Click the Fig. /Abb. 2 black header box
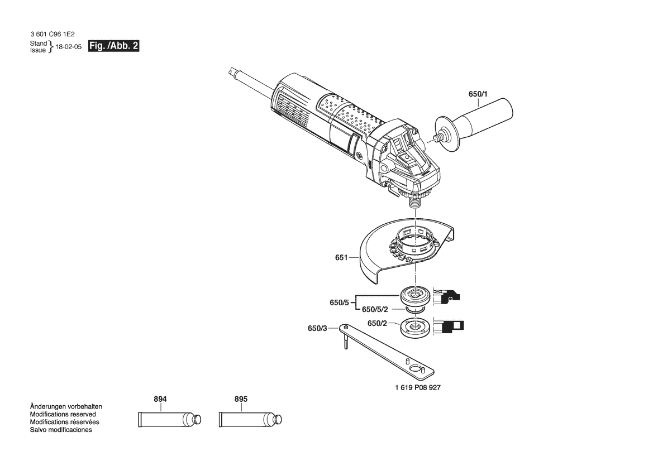point(114,46)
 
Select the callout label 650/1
point(478,94)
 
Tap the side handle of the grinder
point(473,125)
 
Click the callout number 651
point(341,257)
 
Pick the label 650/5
point(339,302)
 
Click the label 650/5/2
point(375,309)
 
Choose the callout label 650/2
point(377,323)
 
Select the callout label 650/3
point(317,328)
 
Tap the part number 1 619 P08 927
point(418,387)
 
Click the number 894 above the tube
point(160,399)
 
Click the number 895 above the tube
point(241,399)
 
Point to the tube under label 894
point(169,419)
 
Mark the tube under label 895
point(250,419)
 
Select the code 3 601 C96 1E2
point(53,34)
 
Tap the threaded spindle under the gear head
point(414,204)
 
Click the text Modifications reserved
point(63,415)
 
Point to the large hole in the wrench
point(415,369)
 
